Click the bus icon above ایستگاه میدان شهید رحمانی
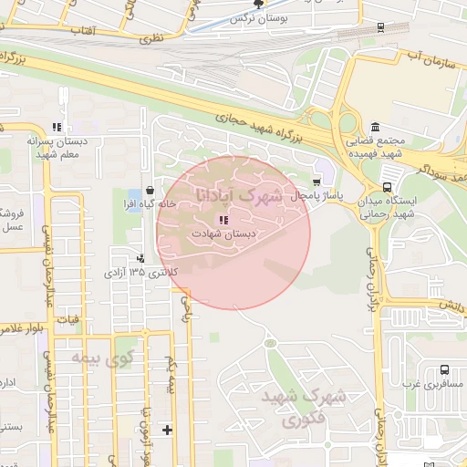pos(388,185)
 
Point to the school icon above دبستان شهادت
pos(223,219)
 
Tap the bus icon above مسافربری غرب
pos(444,369)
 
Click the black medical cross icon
pos(167,430)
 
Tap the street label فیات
pos(69,320)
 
